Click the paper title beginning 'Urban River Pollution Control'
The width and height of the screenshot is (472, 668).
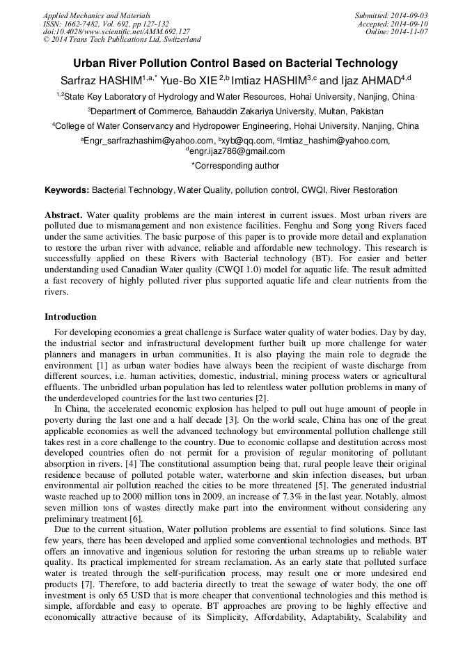coord(235,63)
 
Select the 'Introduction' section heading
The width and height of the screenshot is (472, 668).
coord(70,317)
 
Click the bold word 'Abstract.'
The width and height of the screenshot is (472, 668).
coord(63,216)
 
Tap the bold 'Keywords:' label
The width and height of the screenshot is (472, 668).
coord(67,190)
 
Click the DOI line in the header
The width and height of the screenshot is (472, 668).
coord(116,32)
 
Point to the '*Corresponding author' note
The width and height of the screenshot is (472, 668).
coord(235,166)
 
